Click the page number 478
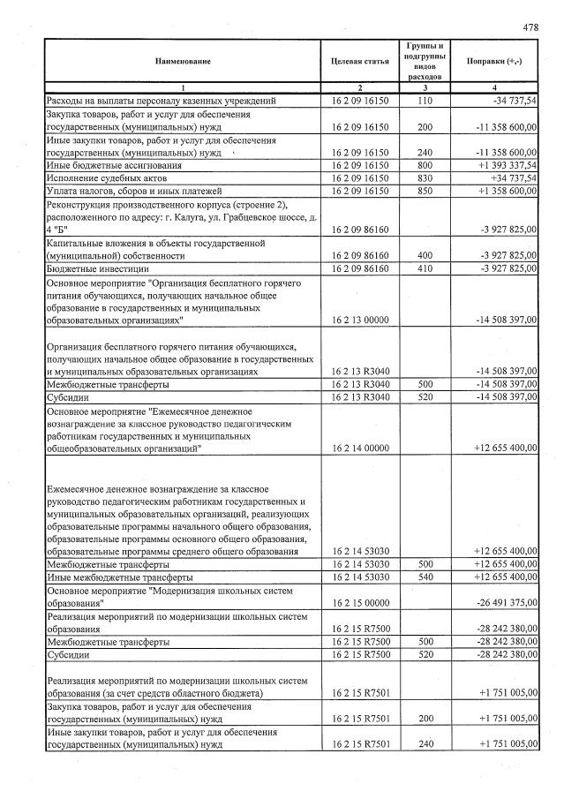(530, 27)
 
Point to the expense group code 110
(425, 102)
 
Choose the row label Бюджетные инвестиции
(96, 268)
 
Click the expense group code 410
(425, 268)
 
